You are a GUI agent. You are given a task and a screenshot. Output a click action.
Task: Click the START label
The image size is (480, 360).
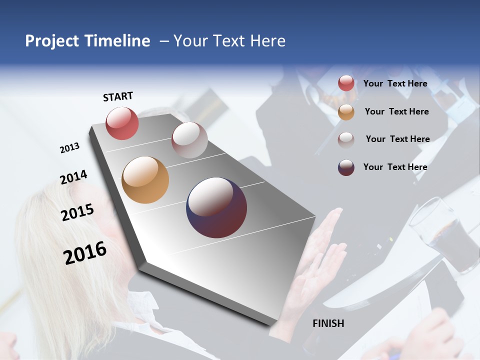pyautogui.click(x=118, y=96)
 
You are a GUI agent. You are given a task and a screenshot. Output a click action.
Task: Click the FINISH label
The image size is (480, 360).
pyautogui.click(x=328, y=323)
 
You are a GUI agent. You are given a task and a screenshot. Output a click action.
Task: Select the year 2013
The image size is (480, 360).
pyautogui.click(x=69, y=148)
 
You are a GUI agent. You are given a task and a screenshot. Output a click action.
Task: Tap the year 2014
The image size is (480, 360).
pyautogui.click(x=73, y=177)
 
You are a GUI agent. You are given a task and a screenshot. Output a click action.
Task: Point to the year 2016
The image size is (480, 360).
pyautogui.click(x=85, y=252)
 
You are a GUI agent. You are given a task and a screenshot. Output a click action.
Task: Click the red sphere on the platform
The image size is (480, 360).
pyautogui.click(x=122, y=123)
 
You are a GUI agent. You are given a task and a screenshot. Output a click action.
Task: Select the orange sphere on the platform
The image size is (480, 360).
pyautogui.click(x=145, y=180)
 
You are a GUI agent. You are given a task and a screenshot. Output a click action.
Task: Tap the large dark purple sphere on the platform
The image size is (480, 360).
pyautogui.click(x=216, y=207)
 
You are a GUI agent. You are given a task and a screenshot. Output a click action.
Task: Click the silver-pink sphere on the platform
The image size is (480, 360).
pyautogui.click(x=189, y=140)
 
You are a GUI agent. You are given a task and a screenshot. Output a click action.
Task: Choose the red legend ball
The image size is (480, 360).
pyautogui.click(x=346, y=83)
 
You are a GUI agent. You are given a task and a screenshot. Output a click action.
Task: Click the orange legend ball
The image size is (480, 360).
pyautogui.click(x=346, y=112)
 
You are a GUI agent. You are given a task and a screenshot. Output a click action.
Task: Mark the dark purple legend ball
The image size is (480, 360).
pyautogui.click(x=346, y=167)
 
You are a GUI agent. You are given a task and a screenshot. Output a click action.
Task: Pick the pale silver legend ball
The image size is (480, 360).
pyautogui.click(x=346, y=139)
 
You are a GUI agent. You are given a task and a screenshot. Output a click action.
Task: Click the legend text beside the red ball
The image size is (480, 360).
pyautogui.click(x=395, y=83)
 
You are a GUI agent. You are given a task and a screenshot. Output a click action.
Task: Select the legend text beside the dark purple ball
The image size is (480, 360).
pyautogui.click(x=395, y=167)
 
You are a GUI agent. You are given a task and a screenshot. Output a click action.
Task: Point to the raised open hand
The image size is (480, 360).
pyautogui.click(x=325, y=255)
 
